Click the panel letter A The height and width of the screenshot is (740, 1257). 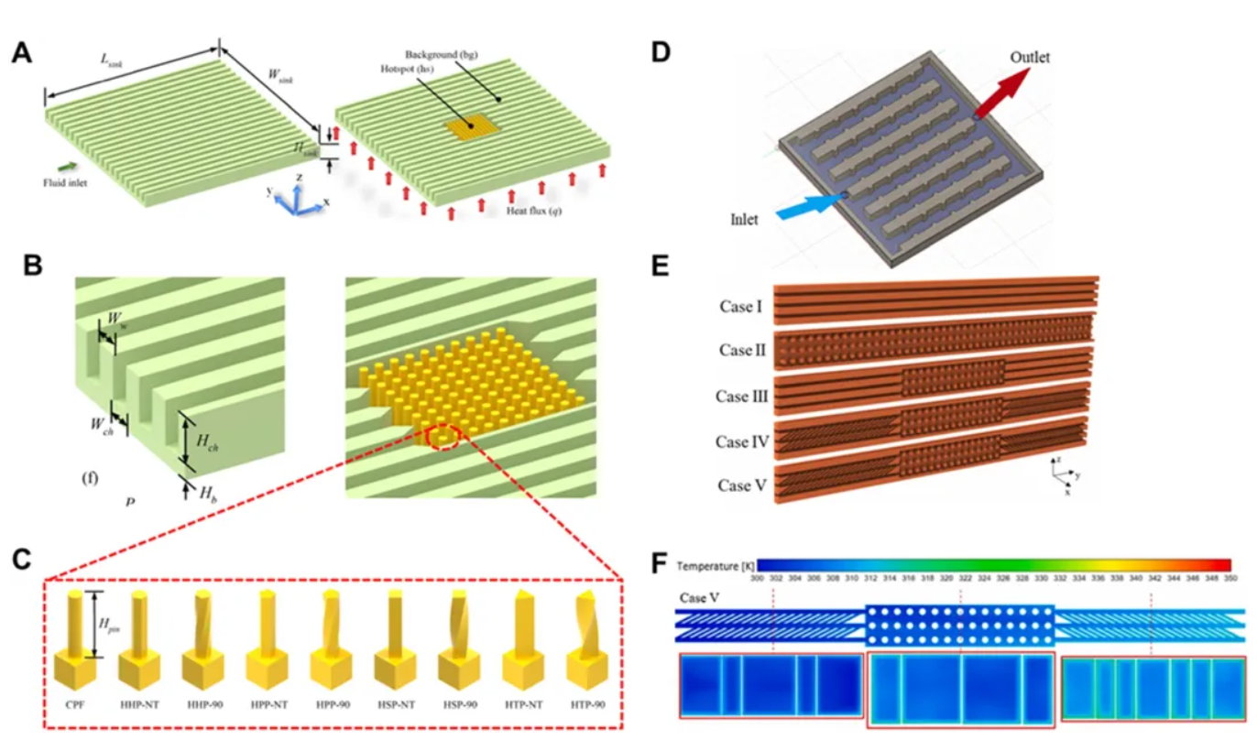(x=23, y=52)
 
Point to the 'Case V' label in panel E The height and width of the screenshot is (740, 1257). (x=742, y=485)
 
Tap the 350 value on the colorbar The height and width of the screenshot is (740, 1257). (x=1230, y=579)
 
